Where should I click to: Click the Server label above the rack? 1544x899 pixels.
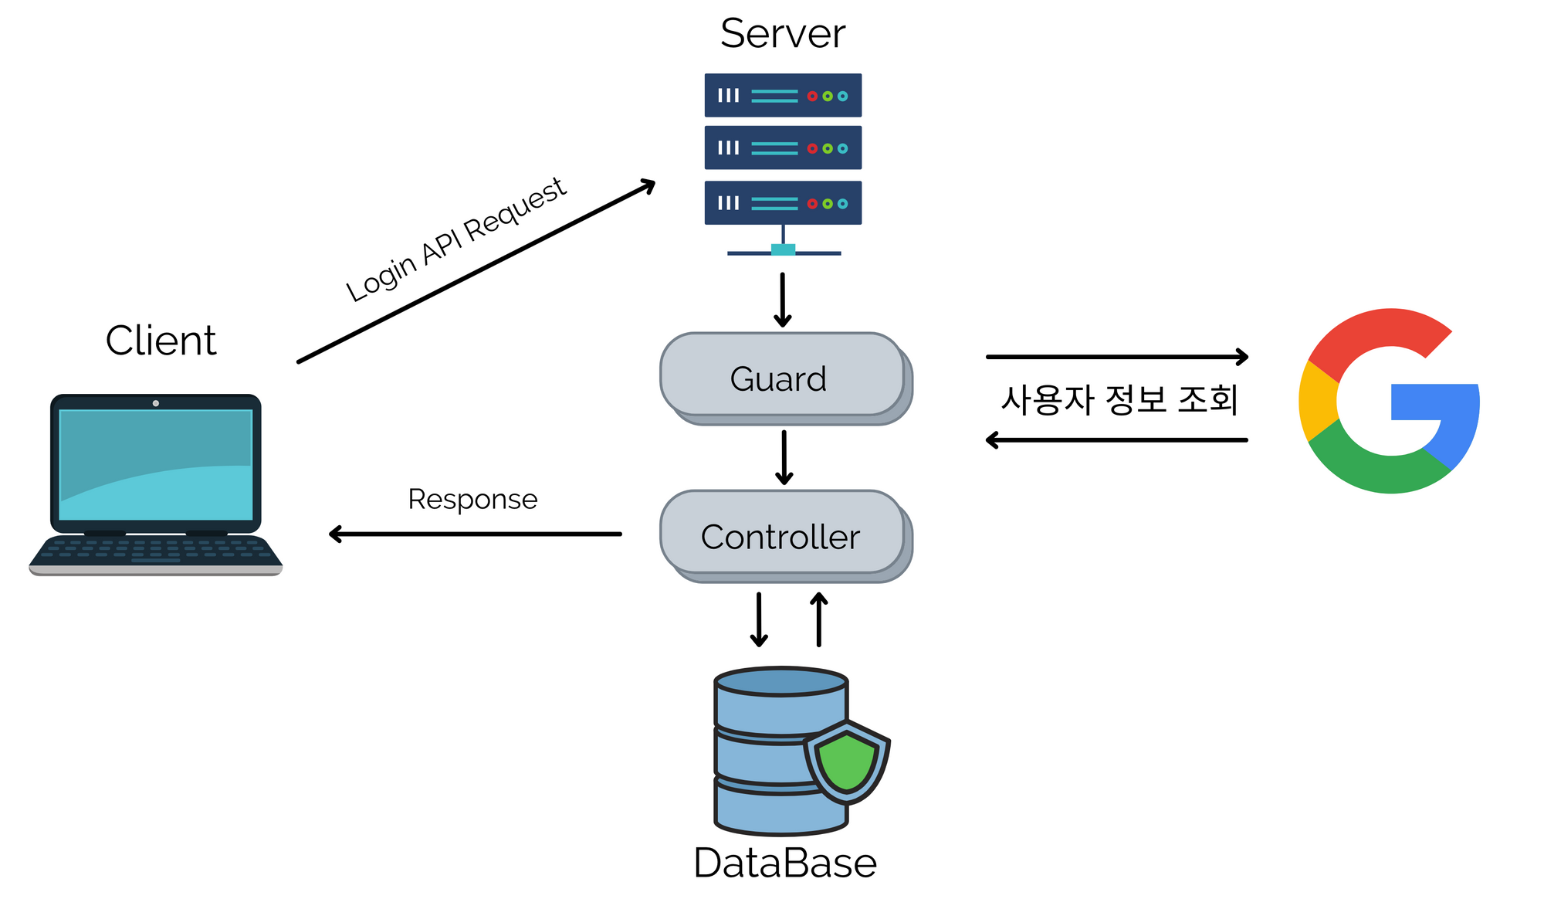[x=782, y=34]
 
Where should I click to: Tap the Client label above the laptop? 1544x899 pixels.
[x=161, y=341]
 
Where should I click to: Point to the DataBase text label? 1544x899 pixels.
[x=784, y=863]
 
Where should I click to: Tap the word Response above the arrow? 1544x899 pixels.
[x=472, y=500]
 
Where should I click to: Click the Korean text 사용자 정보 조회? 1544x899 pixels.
[x=1119, y=399]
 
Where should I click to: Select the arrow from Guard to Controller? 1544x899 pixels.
[x=784, y=457]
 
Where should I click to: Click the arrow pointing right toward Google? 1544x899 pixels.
[x=1117, y=357]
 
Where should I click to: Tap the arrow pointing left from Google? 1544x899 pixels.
[x=1117, y=440]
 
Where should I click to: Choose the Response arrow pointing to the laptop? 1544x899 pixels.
[x=475, y=534]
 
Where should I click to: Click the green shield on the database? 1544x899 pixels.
[x=847, y=762]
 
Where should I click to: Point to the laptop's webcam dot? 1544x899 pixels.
[x=156, y=403]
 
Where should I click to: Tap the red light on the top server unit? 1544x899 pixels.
[x=812, y=97]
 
